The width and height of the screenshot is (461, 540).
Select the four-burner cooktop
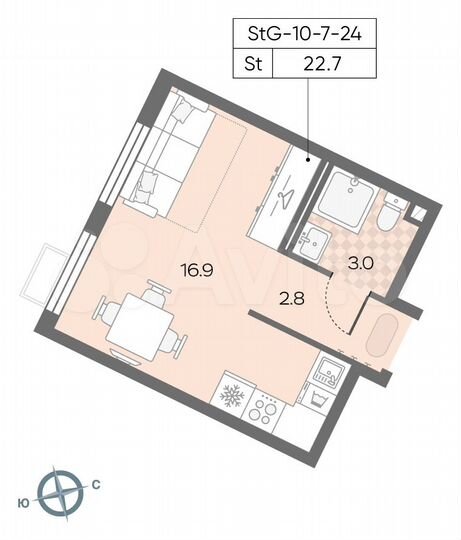(266, 408)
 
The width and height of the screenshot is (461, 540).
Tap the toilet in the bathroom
(393, 212)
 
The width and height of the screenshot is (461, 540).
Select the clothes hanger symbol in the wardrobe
(287, 189)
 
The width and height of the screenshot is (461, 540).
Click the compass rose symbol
(65, 494)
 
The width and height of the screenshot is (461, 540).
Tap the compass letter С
(95, 485)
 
